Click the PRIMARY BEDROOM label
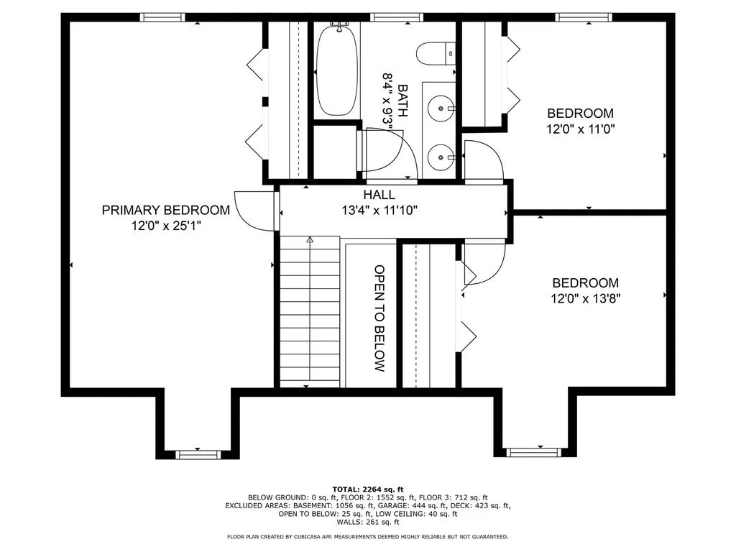point(165,210)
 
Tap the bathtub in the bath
point(336,70)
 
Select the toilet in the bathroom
point(437,53)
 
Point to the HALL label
point(379,195)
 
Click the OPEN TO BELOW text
point(379,318)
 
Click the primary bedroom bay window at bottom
point(198,454)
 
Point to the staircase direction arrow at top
point(310,240)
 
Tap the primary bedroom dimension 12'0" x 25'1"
point(165,225)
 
